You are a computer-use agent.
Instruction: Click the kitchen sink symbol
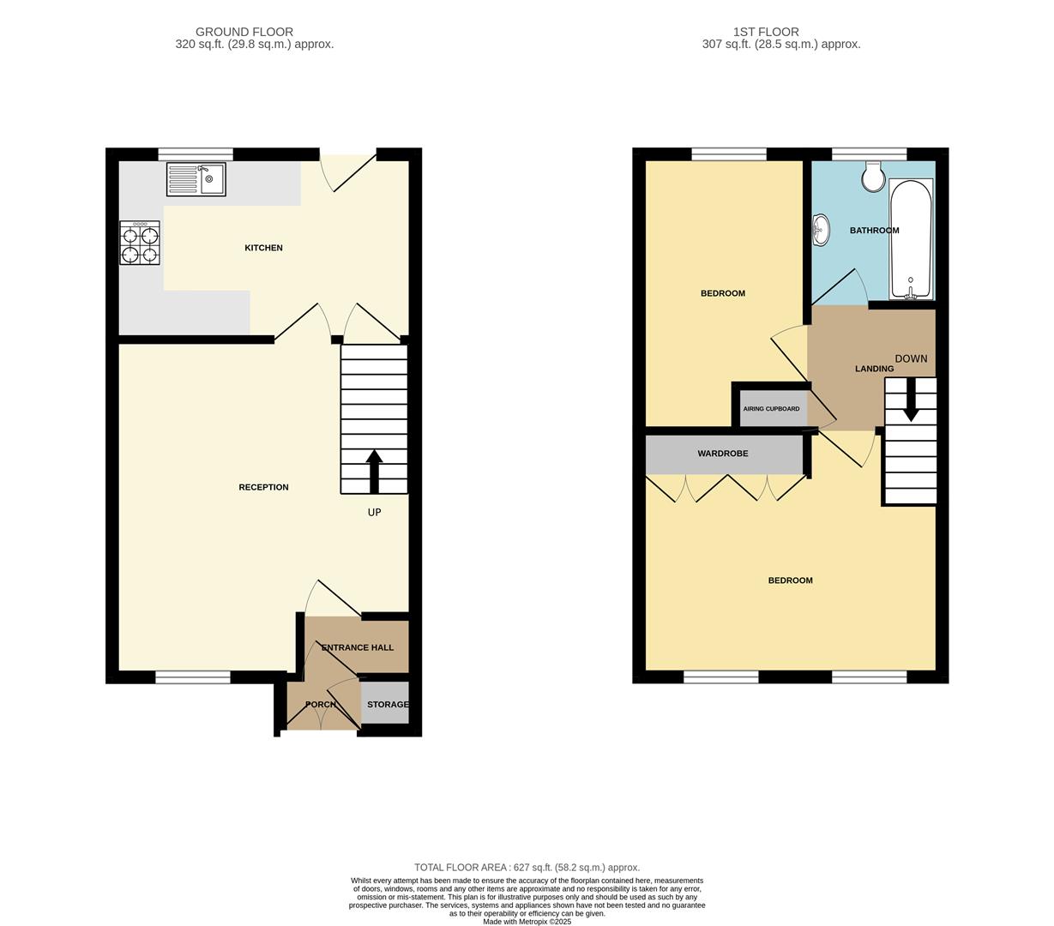pyautogui.click(x=196, y=179)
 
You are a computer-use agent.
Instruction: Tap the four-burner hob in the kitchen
pyautogui.click(x=140, y=243)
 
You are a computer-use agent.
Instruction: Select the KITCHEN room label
pyautogui.click(x=263, y=248)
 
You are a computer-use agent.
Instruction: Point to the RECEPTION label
pyautogui.click(x=263, y=487)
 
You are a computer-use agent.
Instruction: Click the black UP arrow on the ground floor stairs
pyautogui.click(x=374, y=471)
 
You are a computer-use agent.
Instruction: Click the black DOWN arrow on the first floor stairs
pyautogui.click(x=911, y=401)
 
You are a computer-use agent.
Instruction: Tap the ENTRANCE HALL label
pyautogui.click(x=358, y=647)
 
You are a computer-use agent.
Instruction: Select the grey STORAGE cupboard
pyautogui.click(x=385, y=704)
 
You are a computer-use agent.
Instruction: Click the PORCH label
pyautogui.click(x=321, y=705)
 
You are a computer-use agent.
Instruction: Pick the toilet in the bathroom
pyautogui.click(x=874, y=177)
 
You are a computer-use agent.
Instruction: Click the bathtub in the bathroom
pyautogui.click(x=911, y=238)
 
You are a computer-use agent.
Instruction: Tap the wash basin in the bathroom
pyautogui.click(x=821, y=230)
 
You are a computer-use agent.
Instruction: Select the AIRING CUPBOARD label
pyautogui.click(x=771, y=409)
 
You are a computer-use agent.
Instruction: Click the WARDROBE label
pyautogui.click(x=722, y=454)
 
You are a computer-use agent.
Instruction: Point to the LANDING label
pyautogui.click(x=874, y=369)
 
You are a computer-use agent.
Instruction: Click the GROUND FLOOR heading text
pyautogui.click(x=244, y=32)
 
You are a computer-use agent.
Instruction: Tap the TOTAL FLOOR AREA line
pyautogui.click(x=527, y=868)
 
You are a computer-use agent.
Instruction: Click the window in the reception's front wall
pyautogui.click(x=193, y=677)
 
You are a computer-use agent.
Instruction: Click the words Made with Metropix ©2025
pyautogui.click(x=527, y=922)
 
